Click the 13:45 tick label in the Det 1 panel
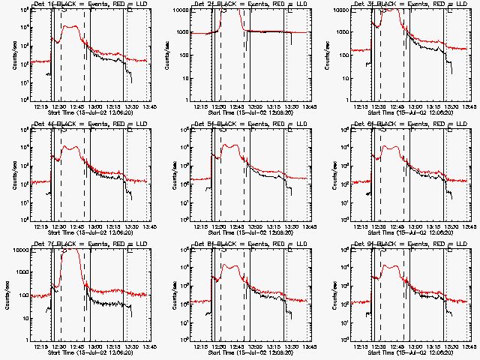148,106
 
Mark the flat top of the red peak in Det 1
72,27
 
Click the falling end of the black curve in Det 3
451,72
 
